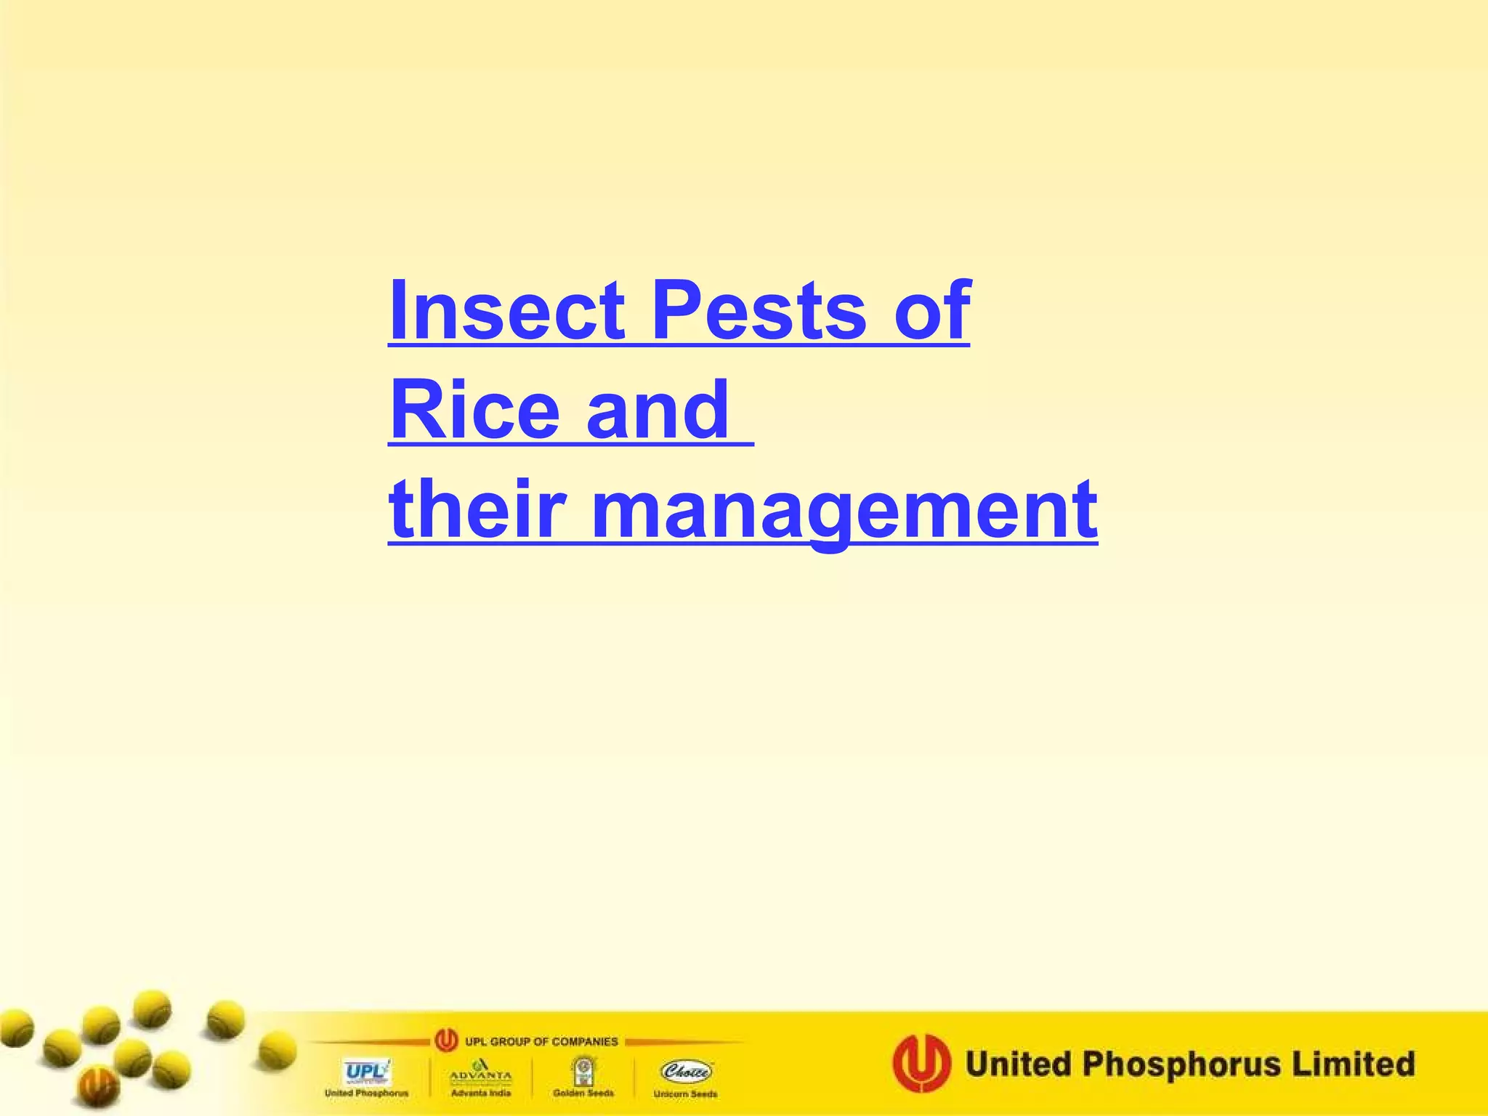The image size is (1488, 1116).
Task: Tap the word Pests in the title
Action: (x=759, y=310)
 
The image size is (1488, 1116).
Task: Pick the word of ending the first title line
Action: (x=932, y=310)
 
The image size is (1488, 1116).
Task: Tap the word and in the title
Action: (x=658, y=411)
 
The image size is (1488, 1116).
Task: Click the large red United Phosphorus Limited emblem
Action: (x=921, y=1064)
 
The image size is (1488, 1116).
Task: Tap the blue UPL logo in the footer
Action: (x=367, y=1072)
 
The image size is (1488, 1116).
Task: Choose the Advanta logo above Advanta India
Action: (x=480, y=1071)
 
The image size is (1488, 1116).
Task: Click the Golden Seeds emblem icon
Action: (x=583, y=1070)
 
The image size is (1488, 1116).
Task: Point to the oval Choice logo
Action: (x=686, y=1071)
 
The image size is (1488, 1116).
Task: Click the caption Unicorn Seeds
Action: (x=685, y=1094)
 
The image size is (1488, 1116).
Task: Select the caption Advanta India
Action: (x=480, y=1093)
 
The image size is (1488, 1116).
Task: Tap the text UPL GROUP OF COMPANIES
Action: (x=541, y=1042)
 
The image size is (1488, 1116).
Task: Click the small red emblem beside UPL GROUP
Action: (x=446, y=1041)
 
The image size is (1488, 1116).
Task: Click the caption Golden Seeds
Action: (x=583, y=1093)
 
